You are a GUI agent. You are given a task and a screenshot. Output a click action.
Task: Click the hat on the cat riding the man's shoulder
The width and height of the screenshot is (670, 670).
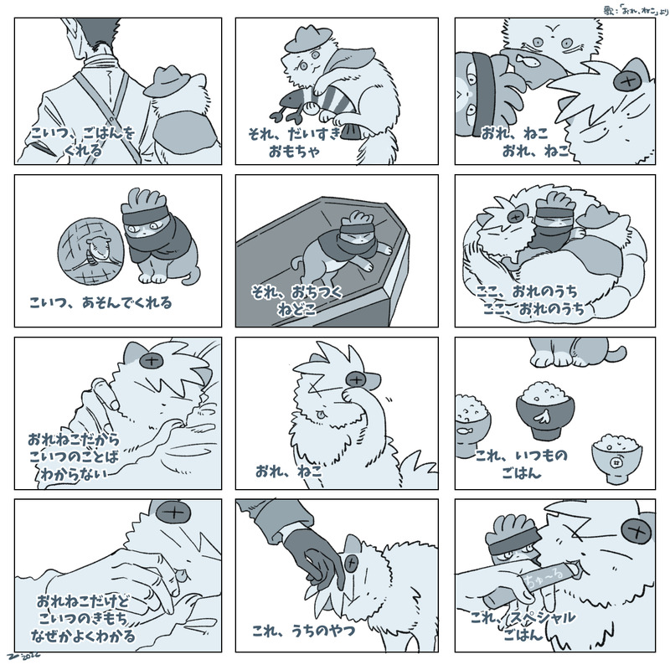(x=167, y=81)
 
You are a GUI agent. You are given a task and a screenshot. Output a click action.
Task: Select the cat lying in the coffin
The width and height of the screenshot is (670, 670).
(x=342, y=248)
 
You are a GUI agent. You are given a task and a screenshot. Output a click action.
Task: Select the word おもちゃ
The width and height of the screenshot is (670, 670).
(x=295, y=152)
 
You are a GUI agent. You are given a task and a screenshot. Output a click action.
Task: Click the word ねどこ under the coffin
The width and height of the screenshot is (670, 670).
(x=296, y=308)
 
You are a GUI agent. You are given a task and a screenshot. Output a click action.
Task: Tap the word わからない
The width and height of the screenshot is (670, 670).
(x=72, y=474)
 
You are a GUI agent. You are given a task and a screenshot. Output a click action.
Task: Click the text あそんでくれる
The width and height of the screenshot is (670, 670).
(x=127, y=302)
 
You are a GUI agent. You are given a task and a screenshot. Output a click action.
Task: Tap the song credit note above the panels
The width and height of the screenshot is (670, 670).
(x=636, y=10)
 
